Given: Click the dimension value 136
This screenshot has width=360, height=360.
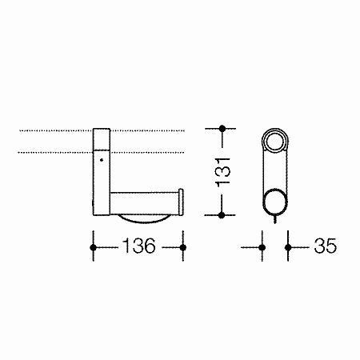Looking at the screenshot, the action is (x=139, y=246).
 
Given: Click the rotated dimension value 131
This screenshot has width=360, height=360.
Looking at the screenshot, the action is (x=222, y=172).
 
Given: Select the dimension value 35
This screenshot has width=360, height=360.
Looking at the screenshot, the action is (x=325, y=246).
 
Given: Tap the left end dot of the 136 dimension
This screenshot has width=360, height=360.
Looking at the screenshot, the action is (x=93, y=247).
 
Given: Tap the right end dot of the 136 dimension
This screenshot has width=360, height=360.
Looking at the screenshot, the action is (x=183, y=247).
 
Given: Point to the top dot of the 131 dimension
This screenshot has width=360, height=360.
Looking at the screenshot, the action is (x=222, y=129).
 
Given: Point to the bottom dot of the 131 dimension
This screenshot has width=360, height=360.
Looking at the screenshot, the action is (x=222, y=215).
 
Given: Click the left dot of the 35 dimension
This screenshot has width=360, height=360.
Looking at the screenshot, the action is (x=262, y=248).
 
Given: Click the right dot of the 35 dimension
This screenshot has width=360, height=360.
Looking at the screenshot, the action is (x=288, y=248).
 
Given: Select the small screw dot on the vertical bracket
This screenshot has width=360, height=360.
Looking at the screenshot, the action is (x=102, y=160).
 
